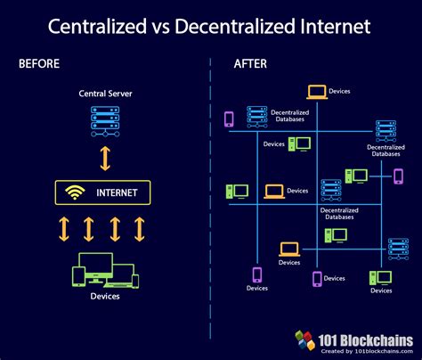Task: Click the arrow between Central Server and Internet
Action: click(x=104, y=157)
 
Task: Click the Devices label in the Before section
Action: click(x=104, y=296)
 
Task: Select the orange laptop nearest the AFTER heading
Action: click(x=316, y=92)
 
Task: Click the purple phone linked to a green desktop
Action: click(x=398, y=176)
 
